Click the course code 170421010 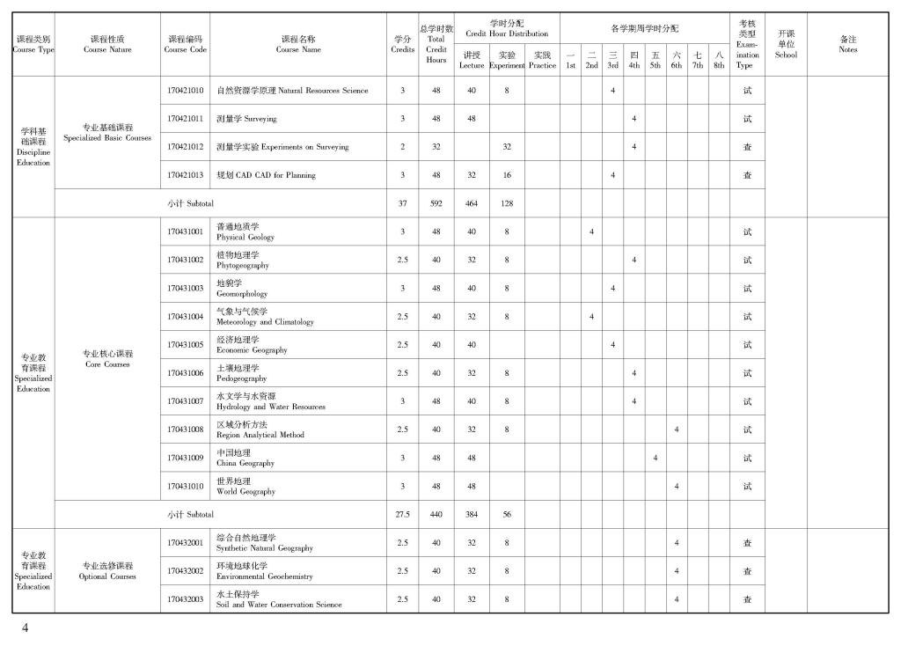click(185, 91)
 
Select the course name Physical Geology click(245, 232)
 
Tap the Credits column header click(402, 44)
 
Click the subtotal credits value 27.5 click(402, 514)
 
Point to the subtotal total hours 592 click(436, 203)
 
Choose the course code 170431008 click(185, 429)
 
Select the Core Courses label click(107, 359)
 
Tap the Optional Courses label click(107, 571)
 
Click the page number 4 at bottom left click(26, 628)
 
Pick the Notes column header click(847, 44)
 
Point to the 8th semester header click(719, 60)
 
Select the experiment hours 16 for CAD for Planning click(507, 175)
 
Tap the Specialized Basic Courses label click(107, 133)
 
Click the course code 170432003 click(185, 599)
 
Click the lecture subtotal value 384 click(472, 514)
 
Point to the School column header click(786, 44)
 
